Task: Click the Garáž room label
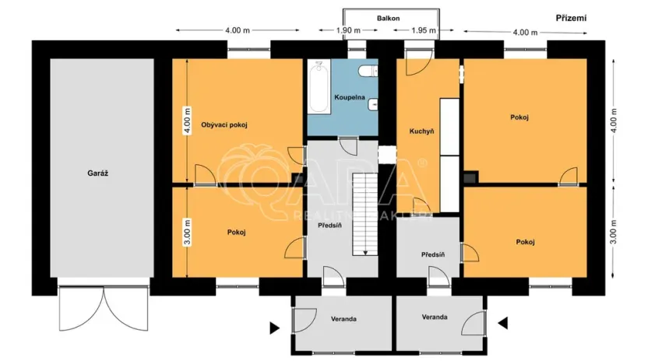97,173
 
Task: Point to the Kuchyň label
421,131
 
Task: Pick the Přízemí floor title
571,17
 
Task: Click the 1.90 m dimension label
347,30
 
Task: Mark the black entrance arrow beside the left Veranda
275,327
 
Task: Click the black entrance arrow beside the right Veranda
502,322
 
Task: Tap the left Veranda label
343,318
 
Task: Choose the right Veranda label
435,317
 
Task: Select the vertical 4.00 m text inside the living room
187,123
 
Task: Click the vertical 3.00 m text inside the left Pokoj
187,233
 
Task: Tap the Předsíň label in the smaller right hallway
432,254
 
